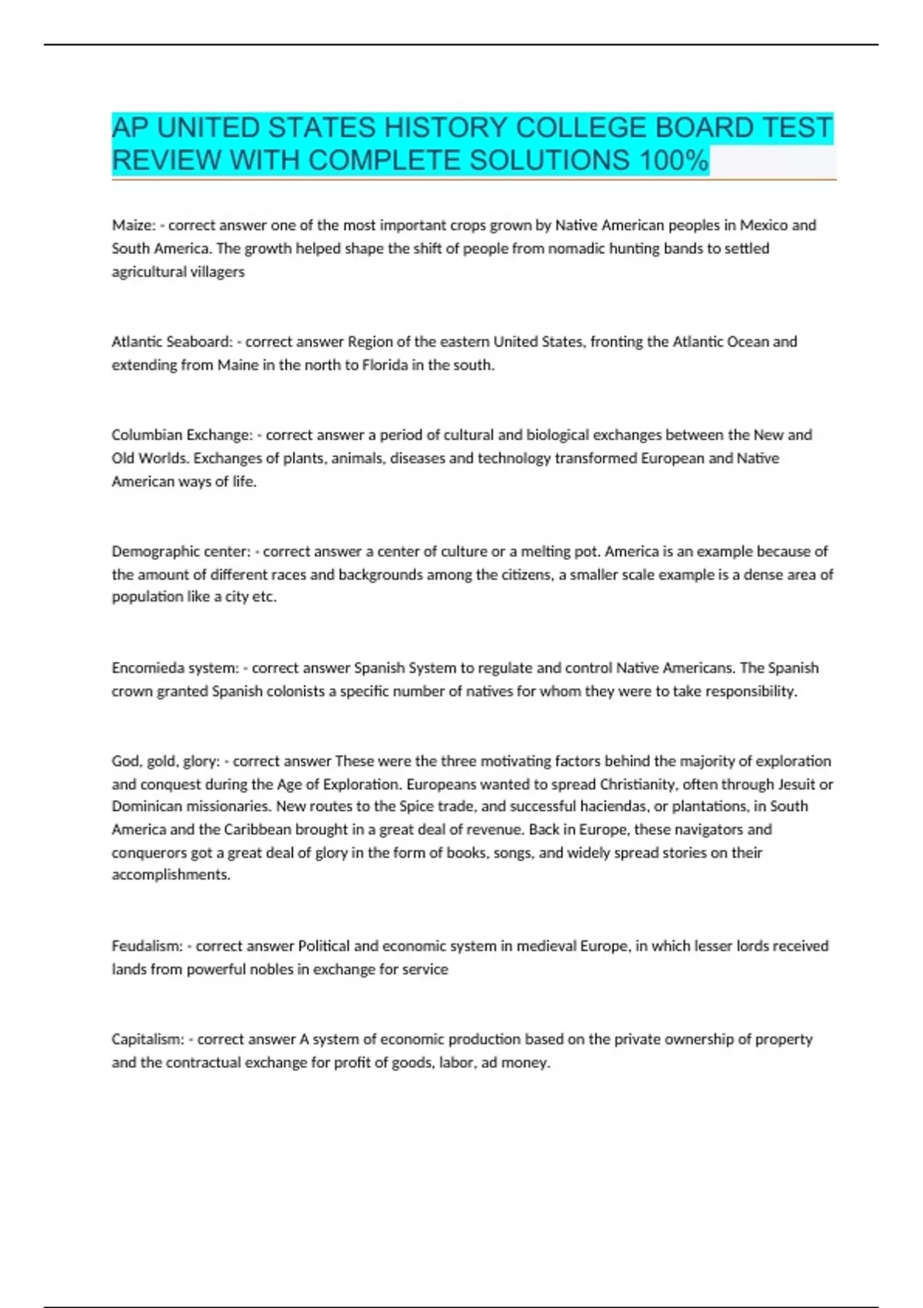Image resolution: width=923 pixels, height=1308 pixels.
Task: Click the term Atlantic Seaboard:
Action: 172,342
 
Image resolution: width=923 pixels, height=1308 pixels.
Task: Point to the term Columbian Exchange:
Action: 182,435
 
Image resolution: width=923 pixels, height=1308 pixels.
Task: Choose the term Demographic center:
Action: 182,552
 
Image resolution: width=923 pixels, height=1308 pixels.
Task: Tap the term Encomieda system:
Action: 175,668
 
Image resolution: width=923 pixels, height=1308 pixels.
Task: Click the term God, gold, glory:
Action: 165,761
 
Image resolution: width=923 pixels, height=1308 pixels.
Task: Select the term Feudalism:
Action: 147,946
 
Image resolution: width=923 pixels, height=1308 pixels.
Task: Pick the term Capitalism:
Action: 148,1039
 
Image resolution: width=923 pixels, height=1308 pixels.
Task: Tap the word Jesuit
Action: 796,784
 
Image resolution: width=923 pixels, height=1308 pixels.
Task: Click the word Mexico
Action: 764,225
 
